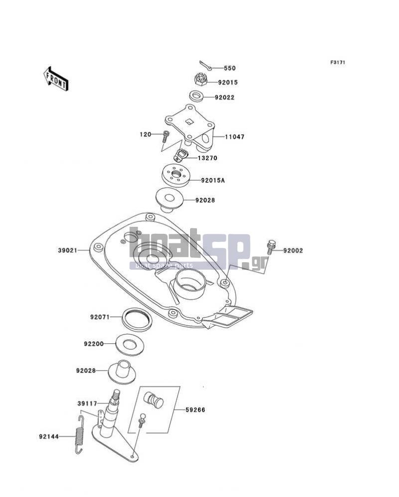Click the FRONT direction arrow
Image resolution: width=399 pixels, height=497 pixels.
[55, 79]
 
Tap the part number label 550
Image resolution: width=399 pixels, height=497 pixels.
[229, 68]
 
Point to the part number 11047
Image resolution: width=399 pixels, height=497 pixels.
[234, 137]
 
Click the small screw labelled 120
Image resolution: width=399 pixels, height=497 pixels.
[166, 137]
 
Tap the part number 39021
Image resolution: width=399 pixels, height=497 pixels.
[67, 250]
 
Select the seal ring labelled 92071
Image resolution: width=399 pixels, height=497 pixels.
[137, 319]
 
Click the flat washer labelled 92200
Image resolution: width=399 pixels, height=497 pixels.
[129, 344]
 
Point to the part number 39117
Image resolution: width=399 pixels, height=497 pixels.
[87, 403]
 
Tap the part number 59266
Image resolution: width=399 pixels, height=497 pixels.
[196, 410]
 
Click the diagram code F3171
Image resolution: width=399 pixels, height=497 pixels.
[338, 62]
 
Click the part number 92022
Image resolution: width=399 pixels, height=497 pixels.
[224, 97]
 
